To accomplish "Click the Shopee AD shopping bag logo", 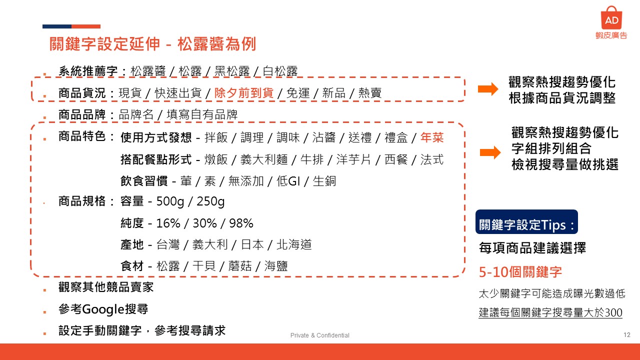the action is click(611, 17).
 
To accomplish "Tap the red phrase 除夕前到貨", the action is click(244, 93).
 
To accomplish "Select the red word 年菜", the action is click(432, 137).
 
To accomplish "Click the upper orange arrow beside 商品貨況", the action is click(488, 89).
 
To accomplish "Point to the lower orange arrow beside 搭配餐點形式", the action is click(490, 152).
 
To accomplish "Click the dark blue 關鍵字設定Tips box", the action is click(526, 222).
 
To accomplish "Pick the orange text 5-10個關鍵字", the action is click(520, 271).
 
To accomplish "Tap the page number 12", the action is click(627, 335).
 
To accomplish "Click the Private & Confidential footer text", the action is click(319, 335).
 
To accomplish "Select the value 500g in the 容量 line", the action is click(170, 201).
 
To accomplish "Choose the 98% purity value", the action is click(241, 223).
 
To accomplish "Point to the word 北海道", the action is click(294, 244).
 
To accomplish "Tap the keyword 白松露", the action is click(280, 71).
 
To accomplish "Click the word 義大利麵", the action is click(263, 159).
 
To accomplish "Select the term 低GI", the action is click(288, 181).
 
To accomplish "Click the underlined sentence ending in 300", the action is click(550, 312).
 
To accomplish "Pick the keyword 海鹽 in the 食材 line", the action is click(275, 266).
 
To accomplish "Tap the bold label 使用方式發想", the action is click(156, 137).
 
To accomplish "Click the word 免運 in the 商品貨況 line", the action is click(298, 93).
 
